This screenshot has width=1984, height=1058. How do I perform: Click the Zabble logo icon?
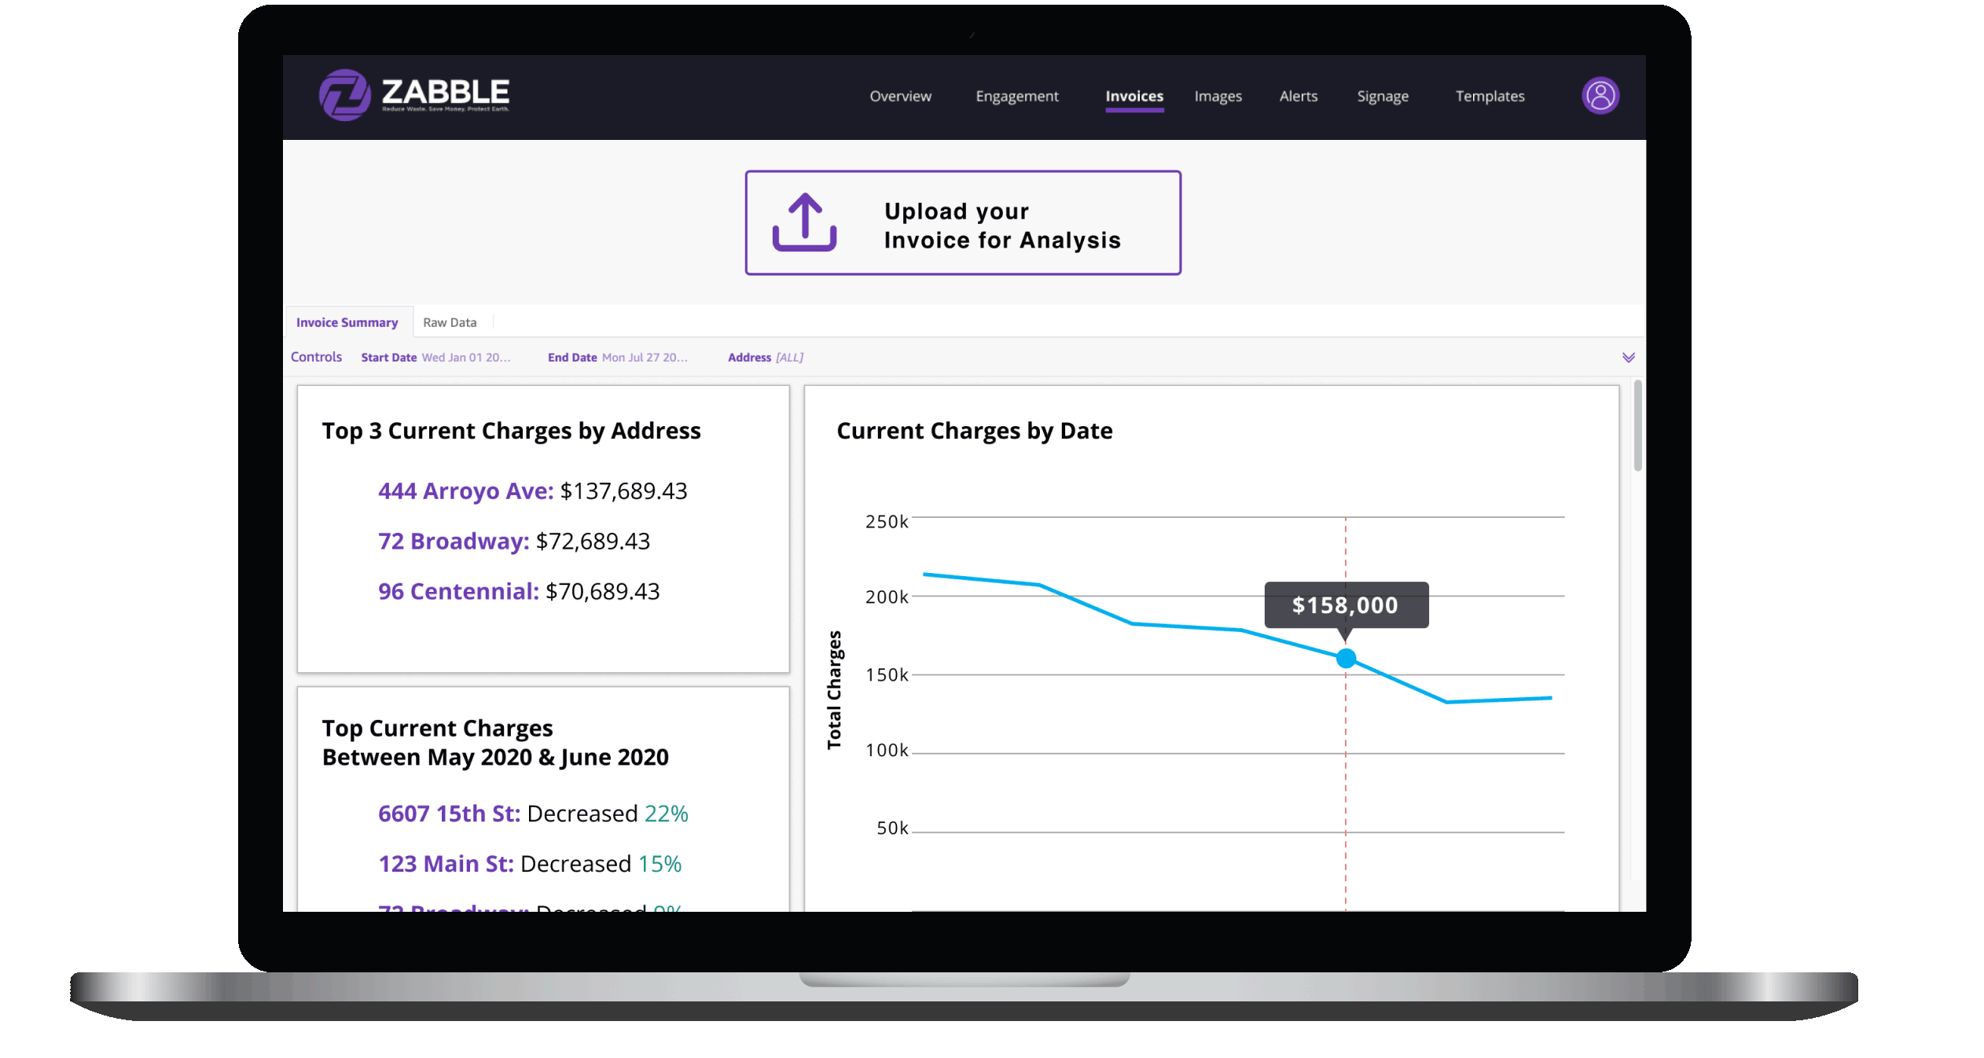point(344,95)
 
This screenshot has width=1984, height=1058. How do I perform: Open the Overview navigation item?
point(900,96)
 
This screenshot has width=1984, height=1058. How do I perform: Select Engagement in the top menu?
point(1016,96)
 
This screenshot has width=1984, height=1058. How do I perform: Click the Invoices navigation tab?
point(1133,96)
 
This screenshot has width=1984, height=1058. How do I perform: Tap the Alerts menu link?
point(1298,96)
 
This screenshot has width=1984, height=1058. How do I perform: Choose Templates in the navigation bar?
point(1490,96)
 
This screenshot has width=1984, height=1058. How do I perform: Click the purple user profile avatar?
point(1600,96)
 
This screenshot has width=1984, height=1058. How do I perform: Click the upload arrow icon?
point(804,222)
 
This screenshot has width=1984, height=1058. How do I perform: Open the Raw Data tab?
point(450,322)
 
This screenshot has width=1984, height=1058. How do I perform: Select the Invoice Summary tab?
point(347,322)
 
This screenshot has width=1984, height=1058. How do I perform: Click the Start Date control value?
point(465,358)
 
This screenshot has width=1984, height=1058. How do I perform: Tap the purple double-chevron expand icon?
point(1628,358)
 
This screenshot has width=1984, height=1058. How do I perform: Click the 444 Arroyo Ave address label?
point(465,491)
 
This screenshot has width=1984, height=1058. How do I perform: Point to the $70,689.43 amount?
point(603,592)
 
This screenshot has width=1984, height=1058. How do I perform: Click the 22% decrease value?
point(666,814)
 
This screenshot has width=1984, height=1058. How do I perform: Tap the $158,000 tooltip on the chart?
point(1345,604)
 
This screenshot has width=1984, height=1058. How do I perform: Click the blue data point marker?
point(1346,658)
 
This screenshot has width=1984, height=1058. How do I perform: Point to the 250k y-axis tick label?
point(886,522)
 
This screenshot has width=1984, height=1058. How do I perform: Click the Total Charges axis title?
point(834,690)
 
